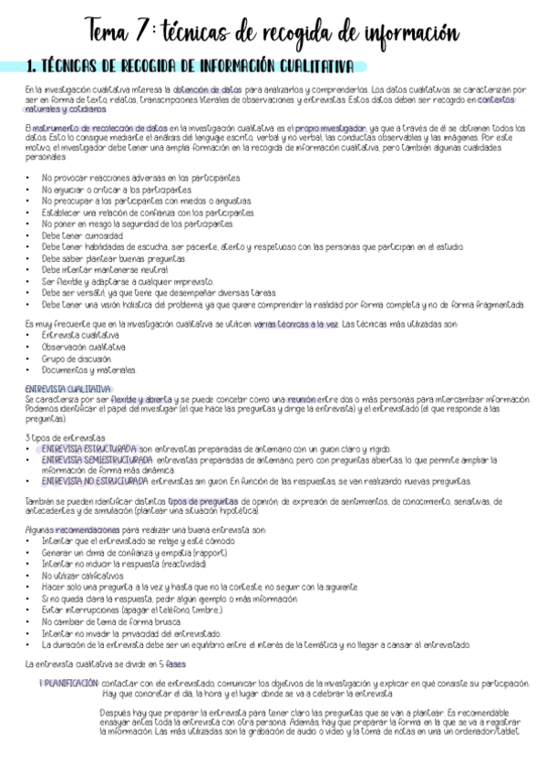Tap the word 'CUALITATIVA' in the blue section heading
click(x=307, y=66)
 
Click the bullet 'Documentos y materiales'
click(x=88, y=370)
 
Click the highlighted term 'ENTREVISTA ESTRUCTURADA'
click(x=88, y=449)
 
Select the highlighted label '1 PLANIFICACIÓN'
click(x=69, y=683)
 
